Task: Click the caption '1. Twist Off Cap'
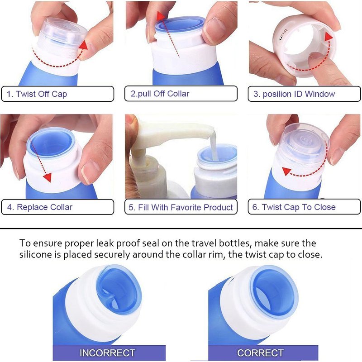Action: pyautogui.click(x=37, y=94)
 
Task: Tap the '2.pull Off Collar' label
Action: pyautogui.click(x=160, y=94)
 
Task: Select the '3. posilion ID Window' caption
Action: pyautogui.click(x=294, y=94)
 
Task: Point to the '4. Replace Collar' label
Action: pyautogui.click(x=40, y=207)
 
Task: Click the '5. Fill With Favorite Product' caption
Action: pyautogui.click(x=181, y=207)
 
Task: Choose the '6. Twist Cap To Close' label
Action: pyautogui.click(x=294, y=207)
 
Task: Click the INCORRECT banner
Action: pyautogui.click(x=109, y=353)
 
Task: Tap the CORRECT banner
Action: pyautogui.click(x=263, y=353)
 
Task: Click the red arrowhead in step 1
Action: pyautogui.click(x=83, y=45)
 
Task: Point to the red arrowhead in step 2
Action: pyautogui.click(x=161, y=16)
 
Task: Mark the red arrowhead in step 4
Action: pyautogui.click(x=48, y=177)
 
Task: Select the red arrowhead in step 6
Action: pyautogui.click(x=286, y=171)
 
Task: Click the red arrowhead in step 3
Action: pyautogui.click(x=329, y=37)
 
